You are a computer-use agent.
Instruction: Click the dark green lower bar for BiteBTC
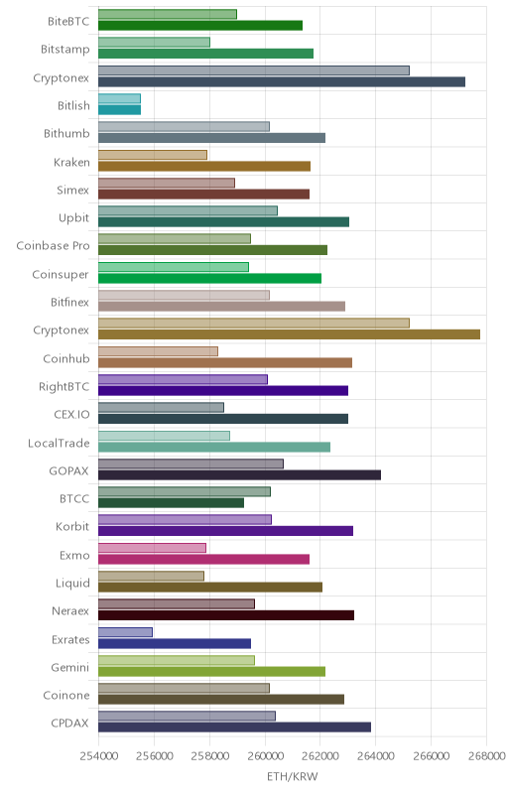(x=200, y=26)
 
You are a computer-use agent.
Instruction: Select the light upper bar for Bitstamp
(x=154, y=42)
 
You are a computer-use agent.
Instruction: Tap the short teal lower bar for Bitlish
(x=119, y=110)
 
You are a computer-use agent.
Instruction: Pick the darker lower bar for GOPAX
(x=239, y=475)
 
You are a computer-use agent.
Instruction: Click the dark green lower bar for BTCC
(x=171, y=503)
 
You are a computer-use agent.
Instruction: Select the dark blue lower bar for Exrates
(x=175, y=643)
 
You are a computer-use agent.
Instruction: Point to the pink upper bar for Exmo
(x=152, y=548)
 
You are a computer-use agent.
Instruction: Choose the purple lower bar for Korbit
(x=225, y=531)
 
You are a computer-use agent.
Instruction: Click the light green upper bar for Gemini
(x=176, y=660)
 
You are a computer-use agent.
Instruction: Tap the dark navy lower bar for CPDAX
(x=234, y=728)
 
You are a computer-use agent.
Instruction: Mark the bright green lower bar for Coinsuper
(x=209, y=278)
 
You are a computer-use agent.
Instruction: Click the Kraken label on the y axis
(x=71, y=162)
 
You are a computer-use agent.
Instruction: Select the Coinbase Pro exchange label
(x=53, y=246)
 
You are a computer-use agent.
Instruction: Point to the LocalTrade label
(x=59, y=443)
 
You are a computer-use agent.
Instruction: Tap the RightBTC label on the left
(x=63, y=387)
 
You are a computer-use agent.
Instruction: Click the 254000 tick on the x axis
(x=99, y=756)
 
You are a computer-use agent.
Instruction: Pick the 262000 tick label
(x=319, y=756)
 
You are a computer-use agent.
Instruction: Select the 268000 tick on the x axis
(x=486, y=756)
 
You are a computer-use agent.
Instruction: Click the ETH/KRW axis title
(x=293, y=776)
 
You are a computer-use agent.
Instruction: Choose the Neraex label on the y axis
(x=70, y=611)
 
